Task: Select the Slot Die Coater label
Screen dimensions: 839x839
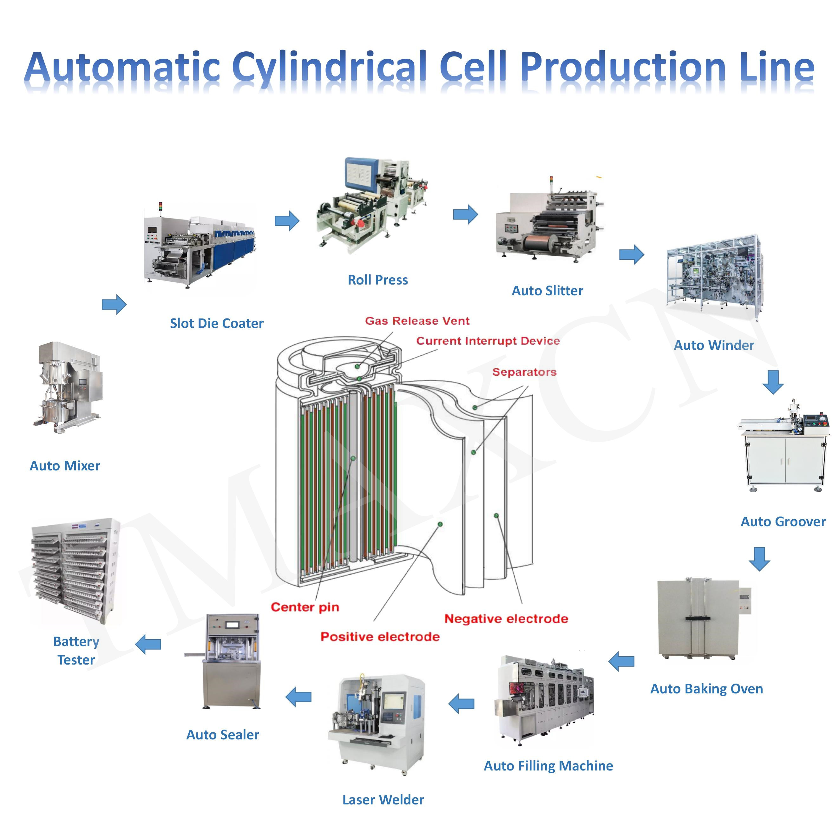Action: coord(216,323)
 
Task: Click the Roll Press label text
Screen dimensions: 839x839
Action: coord(377,280)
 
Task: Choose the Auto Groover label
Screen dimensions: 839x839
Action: coord(783,521)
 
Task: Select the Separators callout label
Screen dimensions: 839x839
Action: coord(524,372)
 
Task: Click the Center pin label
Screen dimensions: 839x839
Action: coord(305,607)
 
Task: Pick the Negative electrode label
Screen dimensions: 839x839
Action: coord(506,619)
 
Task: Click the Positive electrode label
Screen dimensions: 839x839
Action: coord(380,636)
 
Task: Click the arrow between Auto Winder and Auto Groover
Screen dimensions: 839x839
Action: coord(773,382)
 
